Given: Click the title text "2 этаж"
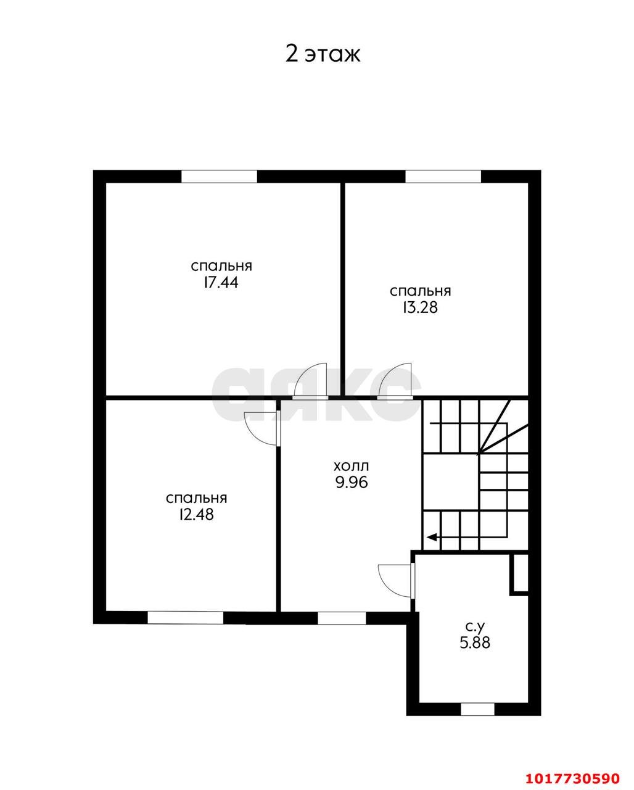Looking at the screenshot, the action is (323, 55).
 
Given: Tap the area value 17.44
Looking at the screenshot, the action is (221, 283).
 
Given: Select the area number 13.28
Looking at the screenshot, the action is (420, 307).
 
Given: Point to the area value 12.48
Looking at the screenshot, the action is (196, 515).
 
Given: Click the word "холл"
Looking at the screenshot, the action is (351, 467).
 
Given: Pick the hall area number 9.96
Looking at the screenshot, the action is (352, 483).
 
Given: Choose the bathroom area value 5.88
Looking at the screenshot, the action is (475, 642).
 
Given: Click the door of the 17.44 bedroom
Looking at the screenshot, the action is (310, 381).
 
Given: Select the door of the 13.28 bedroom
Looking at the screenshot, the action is (395, 381).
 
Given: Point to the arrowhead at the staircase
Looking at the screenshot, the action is (431, 538).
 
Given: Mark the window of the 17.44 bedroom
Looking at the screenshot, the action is (219, 177).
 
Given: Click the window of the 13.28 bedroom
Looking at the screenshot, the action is (443, 177).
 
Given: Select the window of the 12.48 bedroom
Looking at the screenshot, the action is (185, 617).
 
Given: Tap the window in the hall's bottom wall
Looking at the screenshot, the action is (342, 618).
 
